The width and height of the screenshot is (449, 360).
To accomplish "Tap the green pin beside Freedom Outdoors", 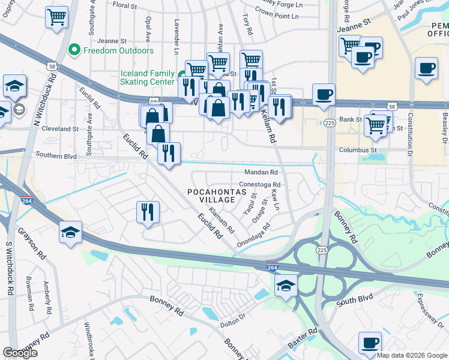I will coord(75,50).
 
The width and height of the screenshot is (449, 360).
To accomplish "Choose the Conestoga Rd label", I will coord(260,185).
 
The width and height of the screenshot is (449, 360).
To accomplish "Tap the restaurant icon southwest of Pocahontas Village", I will coord(147,211).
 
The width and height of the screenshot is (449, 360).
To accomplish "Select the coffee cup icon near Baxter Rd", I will coord(370,343).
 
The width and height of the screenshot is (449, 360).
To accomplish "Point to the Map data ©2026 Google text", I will coord(412,355).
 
